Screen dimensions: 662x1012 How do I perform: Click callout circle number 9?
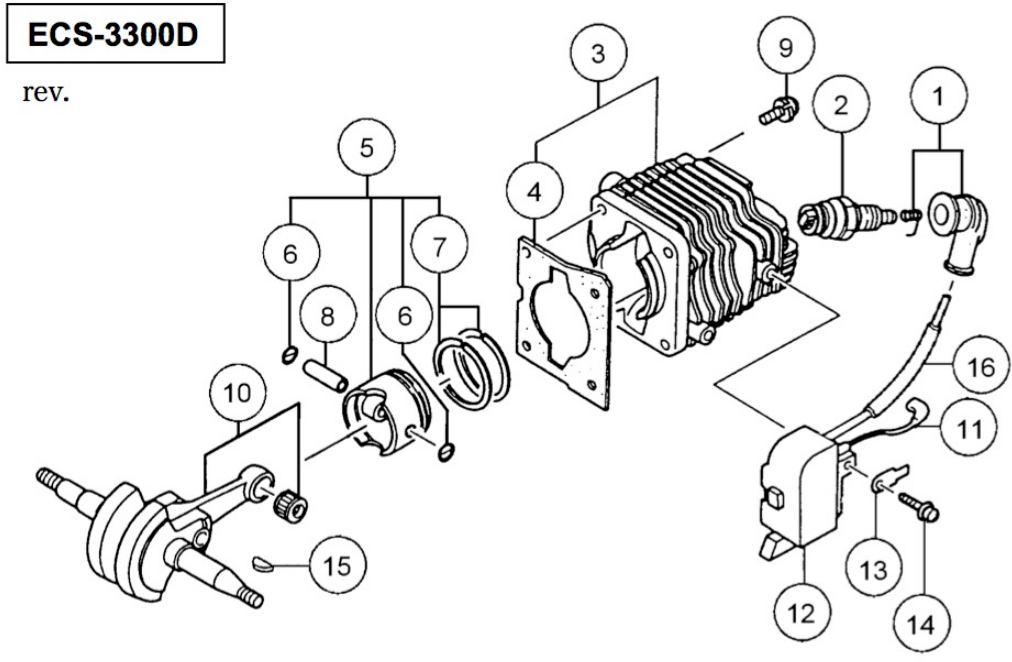pos(786,46)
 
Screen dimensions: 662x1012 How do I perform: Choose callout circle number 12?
pos(802,613)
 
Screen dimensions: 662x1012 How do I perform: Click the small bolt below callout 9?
pos(778,112)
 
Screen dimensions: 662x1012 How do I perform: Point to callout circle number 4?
pos(534,192)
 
